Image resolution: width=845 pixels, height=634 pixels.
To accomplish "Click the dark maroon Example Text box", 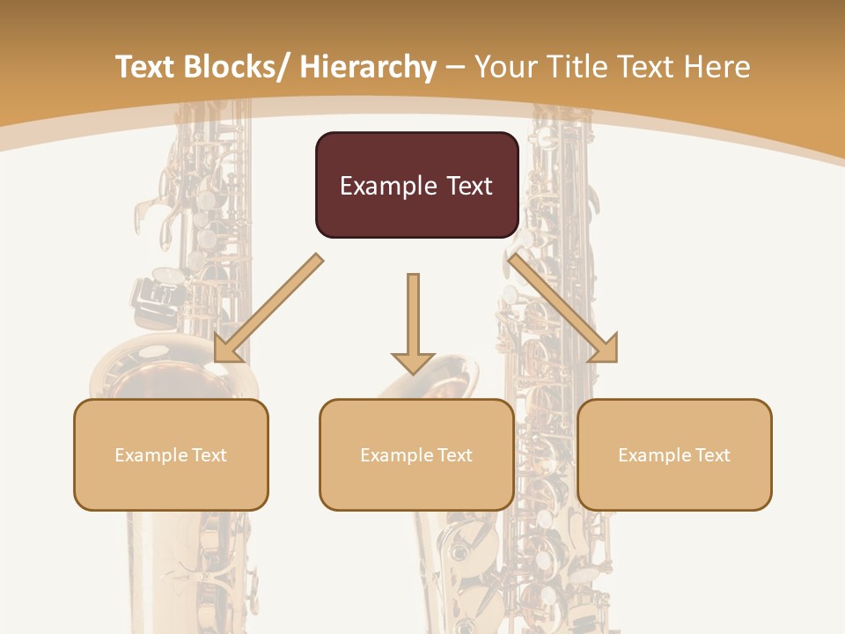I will point(416,185).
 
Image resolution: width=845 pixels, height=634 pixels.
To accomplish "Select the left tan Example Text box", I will point(171,454).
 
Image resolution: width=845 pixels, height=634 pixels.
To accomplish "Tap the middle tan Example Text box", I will point(416,454).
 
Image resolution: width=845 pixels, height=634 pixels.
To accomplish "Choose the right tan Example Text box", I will point(674,454).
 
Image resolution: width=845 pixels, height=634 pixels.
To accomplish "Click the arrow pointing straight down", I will point(413,321).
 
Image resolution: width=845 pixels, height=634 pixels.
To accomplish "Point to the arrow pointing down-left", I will point(268,308).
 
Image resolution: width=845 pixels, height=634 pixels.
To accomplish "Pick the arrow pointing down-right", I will point(563,308).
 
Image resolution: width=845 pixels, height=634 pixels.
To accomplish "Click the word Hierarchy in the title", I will point(368,67).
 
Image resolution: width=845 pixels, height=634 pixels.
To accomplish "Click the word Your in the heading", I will point(503,67).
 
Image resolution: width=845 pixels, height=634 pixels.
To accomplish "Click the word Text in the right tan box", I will point(712,455).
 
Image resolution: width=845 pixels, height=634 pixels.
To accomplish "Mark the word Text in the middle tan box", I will point(454,455).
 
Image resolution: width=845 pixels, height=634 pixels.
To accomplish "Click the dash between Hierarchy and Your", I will point(454,68).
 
